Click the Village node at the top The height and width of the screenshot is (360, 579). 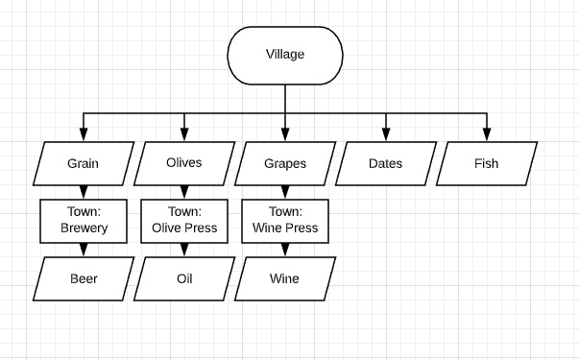pos(285,56)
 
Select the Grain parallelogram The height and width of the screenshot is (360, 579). pos(84,163)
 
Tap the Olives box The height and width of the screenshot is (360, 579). pos(184,163)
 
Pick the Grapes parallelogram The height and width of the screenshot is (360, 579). pos(285,163)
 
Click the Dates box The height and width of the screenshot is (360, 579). pos(386,163)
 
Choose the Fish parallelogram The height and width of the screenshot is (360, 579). pos(487,163)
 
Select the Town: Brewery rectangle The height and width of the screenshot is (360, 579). pos(84,221)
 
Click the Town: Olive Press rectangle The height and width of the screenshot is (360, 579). pos(184,221)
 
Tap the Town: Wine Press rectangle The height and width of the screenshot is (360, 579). pos(285,221)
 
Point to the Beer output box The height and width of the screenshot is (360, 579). pos(84,278)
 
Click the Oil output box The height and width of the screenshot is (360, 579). pos(184,278)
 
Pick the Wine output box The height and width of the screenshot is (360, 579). pos(285,278)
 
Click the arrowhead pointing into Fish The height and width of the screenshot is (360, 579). pos(487,134)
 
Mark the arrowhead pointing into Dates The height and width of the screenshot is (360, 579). pos(386,134)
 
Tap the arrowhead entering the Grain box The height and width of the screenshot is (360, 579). pos(84,134)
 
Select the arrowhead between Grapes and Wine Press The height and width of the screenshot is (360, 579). pos(285,192)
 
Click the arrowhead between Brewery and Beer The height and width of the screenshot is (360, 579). pos(84,250)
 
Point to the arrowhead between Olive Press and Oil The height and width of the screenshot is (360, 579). pos(184,250)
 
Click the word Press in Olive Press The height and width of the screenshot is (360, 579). pos(201,228)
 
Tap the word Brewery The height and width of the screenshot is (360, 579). pos(84,228)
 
